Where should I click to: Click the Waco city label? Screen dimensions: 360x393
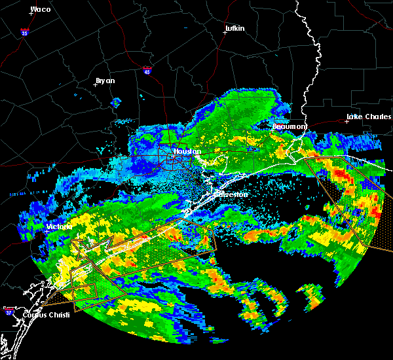point(41,9)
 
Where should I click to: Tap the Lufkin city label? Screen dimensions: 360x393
point(234,28)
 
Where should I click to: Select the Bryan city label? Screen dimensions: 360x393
point(105,81)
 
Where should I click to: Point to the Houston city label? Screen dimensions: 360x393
point(187,151)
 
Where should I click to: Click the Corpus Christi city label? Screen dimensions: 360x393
point(44,315)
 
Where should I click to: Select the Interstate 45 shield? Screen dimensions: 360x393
point(147,69)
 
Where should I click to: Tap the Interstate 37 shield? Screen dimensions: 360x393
point(9,310)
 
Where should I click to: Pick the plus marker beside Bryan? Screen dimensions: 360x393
point(96,84)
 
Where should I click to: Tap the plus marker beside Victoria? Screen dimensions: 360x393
point(47,230)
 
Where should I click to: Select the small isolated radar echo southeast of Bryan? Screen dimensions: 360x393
point(117,102)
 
